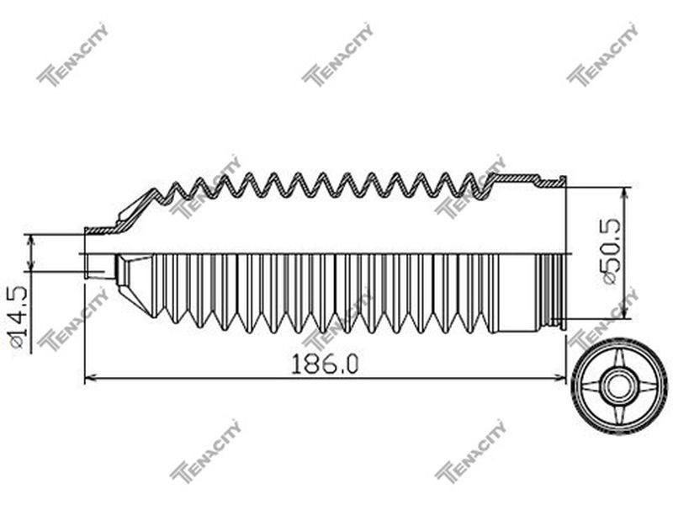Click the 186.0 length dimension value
pyautogui.click(x=325, y=364)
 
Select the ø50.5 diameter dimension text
pyautogui.click(x=609, y=251)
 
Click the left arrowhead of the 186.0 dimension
pyautogui.click(x=90, y=378)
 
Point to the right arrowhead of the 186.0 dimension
pyautogui.click(x=560, y=378)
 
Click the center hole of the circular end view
pyautogui.click(x=618, y=385)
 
